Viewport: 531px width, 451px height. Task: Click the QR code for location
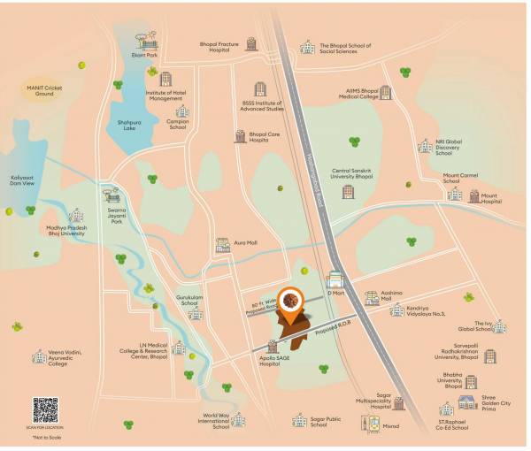pos(45,410)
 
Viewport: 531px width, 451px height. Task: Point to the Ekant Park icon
pos(147,41)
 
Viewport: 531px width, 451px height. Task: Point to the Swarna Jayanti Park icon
pos(112,193)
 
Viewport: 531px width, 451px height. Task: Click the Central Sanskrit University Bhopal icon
pos(349,191)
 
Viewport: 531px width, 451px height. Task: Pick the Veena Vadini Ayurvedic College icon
pos(39,356)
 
